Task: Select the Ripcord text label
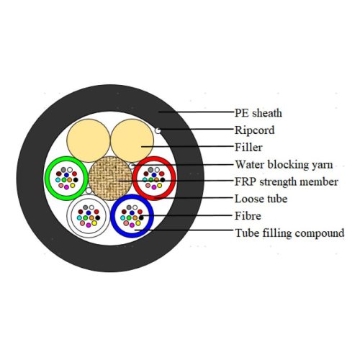[255, 130]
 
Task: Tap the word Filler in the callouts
[248, 147]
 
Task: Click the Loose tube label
[261, 199]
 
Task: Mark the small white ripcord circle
[158, 130]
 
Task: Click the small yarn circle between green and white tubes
[89, 191]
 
